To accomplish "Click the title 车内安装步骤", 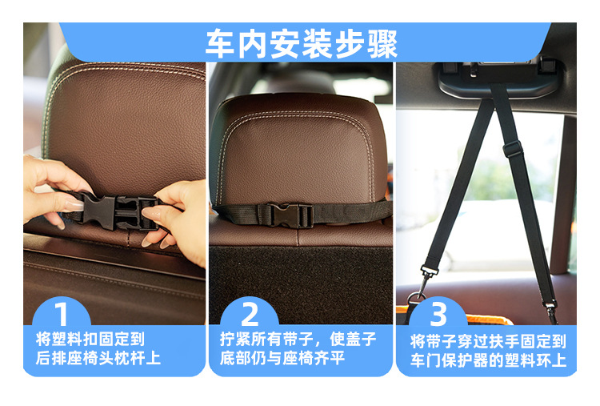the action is pyautogui.click(x=301, y=44).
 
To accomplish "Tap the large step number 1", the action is pyautogui.click(x=62, y=314).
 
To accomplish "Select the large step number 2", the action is pyautogui.click(x=250, y=314).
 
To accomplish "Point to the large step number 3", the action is pyautogui.click(x=438, y=314).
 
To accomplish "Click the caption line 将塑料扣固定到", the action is pyautogui.click(x=90, y=339).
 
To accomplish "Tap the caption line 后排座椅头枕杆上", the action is pyautogui.click(x=98, y=358).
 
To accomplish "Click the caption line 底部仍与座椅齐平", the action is pyautogui.click(x=282, y=358).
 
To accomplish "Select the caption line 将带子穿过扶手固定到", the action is pyautogui.click(x=488, y=341).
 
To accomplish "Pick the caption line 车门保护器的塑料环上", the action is pyautogui.click(x=488, y=360).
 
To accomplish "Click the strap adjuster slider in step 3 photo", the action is pyautogui.click(x=512, y=149).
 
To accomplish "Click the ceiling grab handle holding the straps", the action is pyautogui.click(x=499, y=78).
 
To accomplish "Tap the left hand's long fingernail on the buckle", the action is pyautogui.click(x=74, y=206).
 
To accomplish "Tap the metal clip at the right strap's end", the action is pyautogui.click(x=550, y=310).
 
